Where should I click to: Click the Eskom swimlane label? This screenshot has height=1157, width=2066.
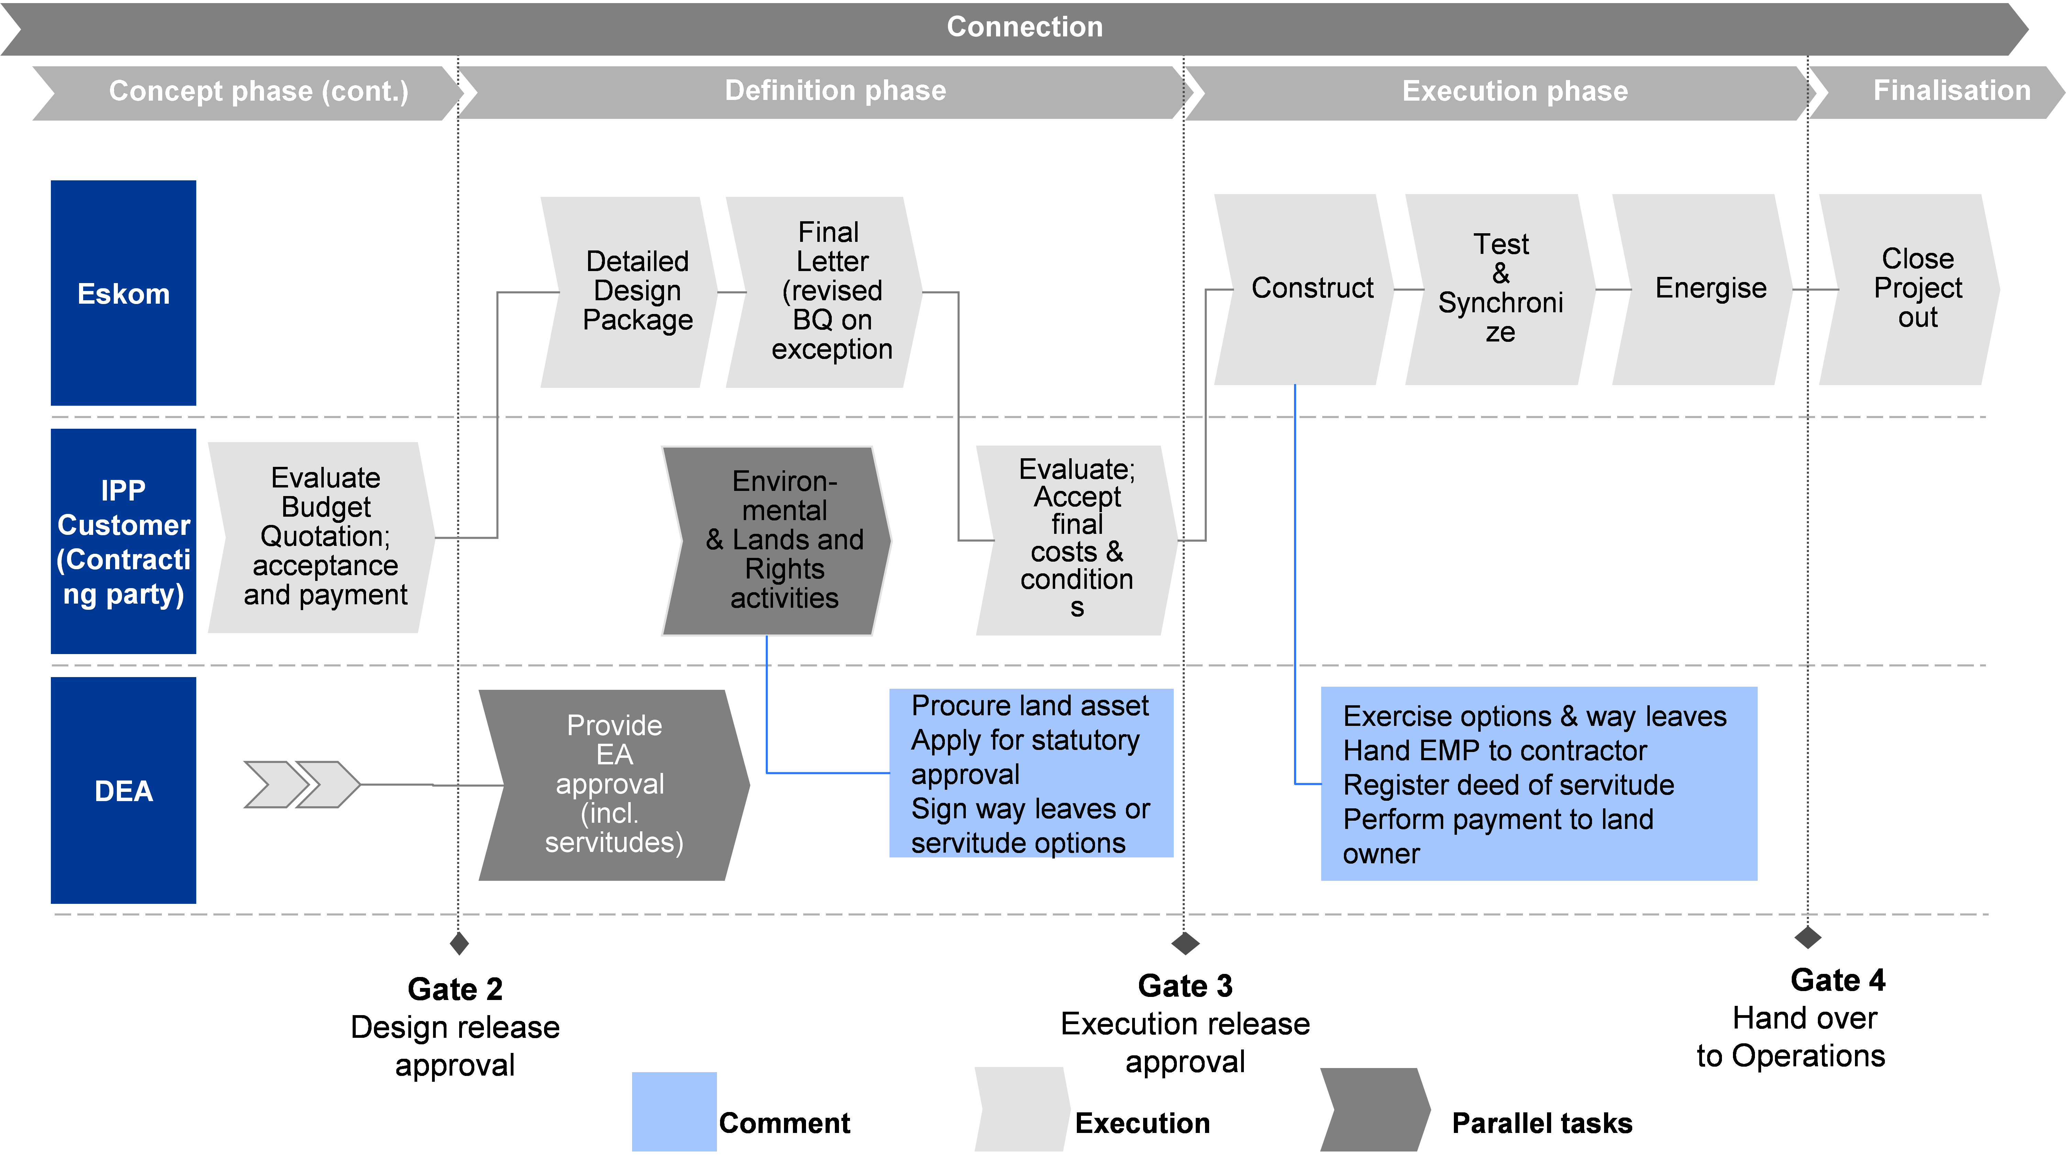click(x=123, y=293)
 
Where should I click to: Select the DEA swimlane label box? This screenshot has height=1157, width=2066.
click(x=123, y=790)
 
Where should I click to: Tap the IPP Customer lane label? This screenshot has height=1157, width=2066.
click(x=123, y=542)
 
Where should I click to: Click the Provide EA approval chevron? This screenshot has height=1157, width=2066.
click(x=614, y=784)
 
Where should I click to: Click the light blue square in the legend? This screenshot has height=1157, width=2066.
click(x=674, y=1111)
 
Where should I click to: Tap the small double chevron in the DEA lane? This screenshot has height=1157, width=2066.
click(x=301, y=784)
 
